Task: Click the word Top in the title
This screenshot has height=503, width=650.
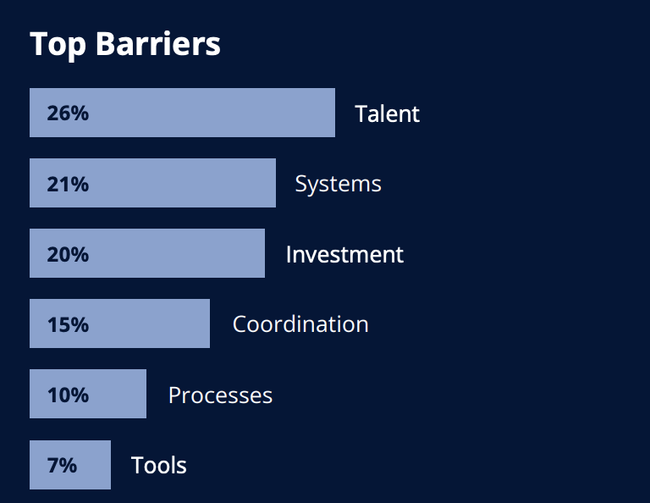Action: [x=58, y=45]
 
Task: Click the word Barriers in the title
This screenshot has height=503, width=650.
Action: [x=158, y=43]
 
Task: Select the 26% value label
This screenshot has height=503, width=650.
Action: [x=68, y=113]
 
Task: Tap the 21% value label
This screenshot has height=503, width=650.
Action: [x=68, y=184]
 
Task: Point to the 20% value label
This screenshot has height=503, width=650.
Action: [x=68, y=254]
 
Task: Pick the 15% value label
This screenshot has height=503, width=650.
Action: [x=68, y=324]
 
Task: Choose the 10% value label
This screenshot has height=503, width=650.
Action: [x=68, y=395]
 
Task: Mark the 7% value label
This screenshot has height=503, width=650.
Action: [x=62, y=465]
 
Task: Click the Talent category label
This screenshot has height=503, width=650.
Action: [x=387, y=113]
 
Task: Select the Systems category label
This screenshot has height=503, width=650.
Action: [x=338, y=185]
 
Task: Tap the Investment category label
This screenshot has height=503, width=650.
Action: [x=344, y=254]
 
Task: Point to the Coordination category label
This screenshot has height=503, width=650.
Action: [x=300, y=323]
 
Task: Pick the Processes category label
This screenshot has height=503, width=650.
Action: [x=221, y=395]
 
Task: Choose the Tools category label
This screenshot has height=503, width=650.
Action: [x=159, y=465]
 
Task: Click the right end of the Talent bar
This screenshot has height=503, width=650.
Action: [x=335, y=113]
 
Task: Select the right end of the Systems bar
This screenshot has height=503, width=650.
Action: [x=276, y=183]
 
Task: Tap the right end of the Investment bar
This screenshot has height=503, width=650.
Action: [x=264, y=253]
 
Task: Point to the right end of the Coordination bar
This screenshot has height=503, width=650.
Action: [x=210, y=323]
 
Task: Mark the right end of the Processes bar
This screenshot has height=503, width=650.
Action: [x=146, y=394]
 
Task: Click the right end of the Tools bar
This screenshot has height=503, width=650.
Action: [x=111, y=465]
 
